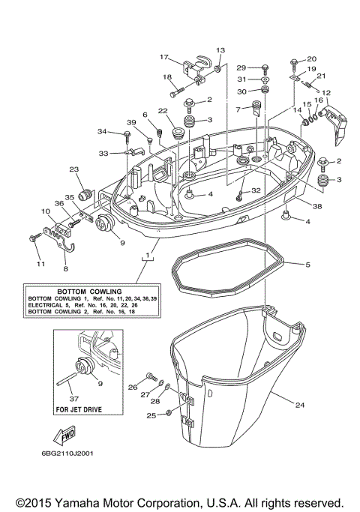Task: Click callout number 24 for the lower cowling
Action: (x=299, y=406)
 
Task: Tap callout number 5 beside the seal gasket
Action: (x=306, y=264)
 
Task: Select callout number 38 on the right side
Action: (x=296, y=207)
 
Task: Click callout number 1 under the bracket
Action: (x=148, y=256)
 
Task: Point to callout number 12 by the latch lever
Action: (x=326, y=93)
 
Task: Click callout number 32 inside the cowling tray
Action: (x=256, y=190)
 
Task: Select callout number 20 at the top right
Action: (x=311, y=59)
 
